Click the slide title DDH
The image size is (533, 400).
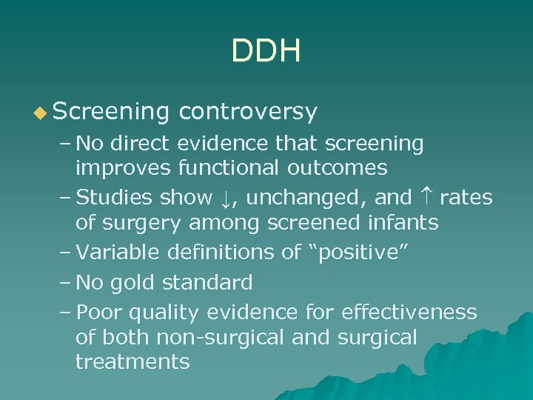(x=266, y=53)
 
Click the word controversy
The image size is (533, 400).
(x=248, y=112)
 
